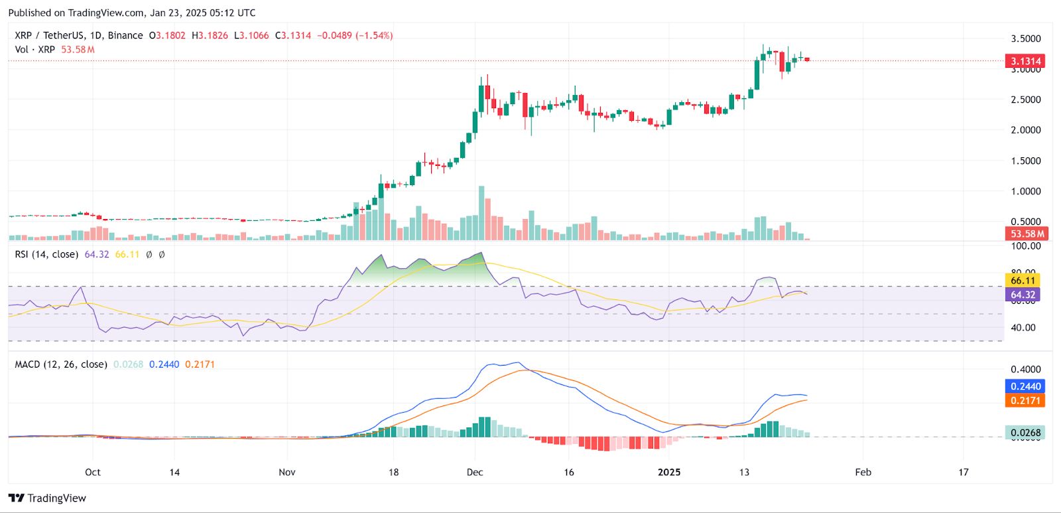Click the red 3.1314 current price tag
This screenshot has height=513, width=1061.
(x=1025, y=61)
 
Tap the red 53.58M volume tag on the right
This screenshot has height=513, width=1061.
(x=1027, y=234)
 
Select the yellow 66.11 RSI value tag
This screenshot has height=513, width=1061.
(x=1023, y=281)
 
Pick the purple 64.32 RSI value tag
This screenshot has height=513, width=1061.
(x=1023, y=295)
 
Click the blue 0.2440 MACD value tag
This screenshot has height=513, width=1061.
(x=1025, y=386)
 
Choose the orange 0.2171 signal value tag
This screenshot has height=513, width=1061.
(x=1025, y=400)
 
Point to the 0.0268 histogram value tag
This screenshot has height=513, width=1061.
(x=1025, y=433)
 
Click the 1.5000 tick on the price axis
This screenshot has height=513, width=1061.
(x=1025, y=161)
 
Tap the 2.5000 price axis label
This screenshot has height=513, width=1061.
(x=1025, y=100)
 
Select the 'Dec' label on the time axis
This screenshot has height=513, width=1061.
(x=475, y=472)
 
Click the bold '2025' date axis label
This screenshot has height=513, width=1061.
(x=668, y=472)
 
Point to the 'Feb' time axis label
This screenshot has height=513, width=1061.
(x=863, y=472)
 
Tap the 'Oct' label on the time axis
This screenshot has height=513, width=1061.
(x=93, y=472)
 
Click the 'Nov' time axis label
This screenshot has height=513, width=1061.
(x=287, y=472)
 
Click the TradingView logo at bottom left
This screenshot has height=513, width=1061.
(x=47, y=498)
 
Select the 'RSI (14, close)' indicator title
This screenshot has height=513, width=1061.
(x=46, y=254)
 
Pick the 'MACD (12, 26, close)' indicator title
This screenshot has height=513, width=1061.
(x=61, y=364)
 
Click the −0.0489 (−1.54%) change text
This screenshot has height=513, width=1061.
(x=355, y=35)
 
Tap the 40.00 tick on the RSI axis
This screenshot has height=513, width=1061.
(x=1023, y=327)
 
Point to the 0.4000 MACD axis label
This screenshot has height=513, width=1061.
(x=1025, y=369)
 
